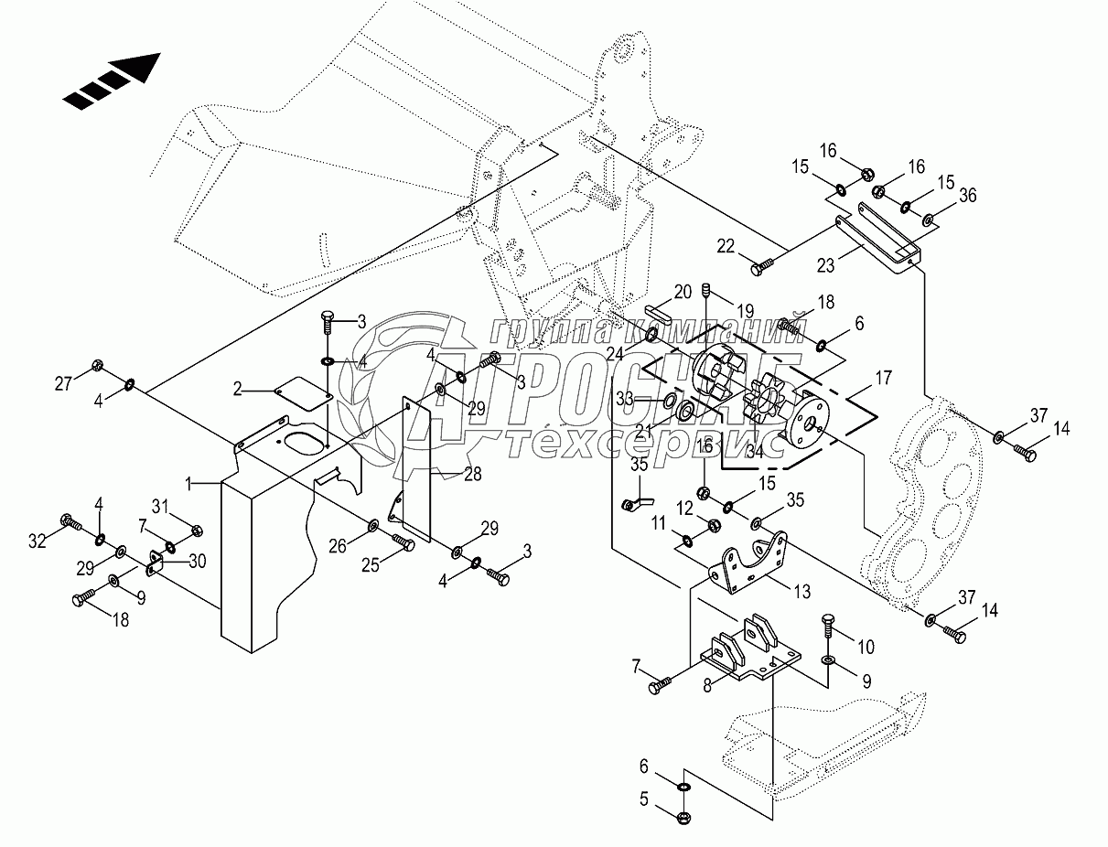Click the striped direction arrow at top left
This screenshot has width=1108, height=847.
click(x=112, y=81)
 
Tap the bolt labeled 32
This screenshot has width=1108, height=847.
click(x=71, y=522)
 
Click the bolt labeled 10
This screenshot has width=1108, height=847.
click(x=829, y=621)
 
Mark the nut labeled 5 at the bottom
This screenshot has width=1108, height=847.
click(x=684, y=818)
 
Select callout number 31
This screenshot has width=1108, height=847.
click(x=160, y=506)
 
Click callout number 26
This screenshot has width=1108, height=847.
click(x=338, y=546)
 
